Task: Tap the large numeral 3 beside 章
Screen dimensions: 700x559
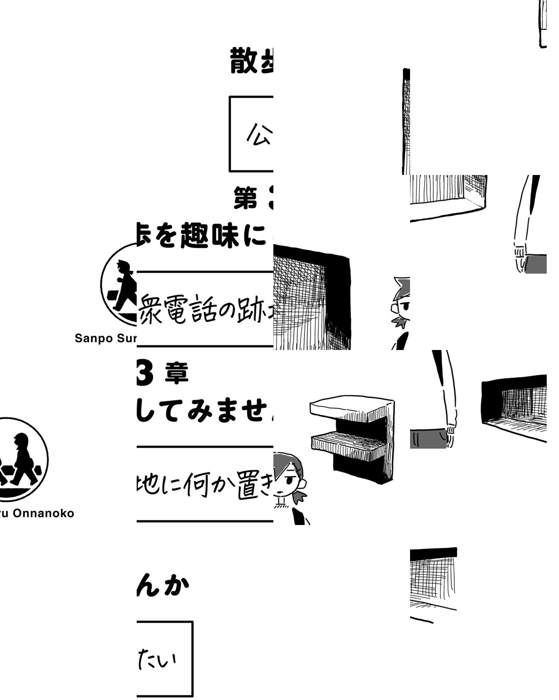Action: [x=145, y=374]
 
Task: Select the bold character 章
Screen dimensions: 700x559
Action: [x=177, y=374]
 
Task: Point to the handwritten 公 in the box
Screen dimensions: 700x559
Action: [x=259, y=134]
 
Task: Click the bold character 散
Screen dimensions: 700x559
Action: [x=244, y=61]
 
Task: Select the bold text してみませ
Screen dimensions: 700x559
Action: [x=202, y=411]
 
